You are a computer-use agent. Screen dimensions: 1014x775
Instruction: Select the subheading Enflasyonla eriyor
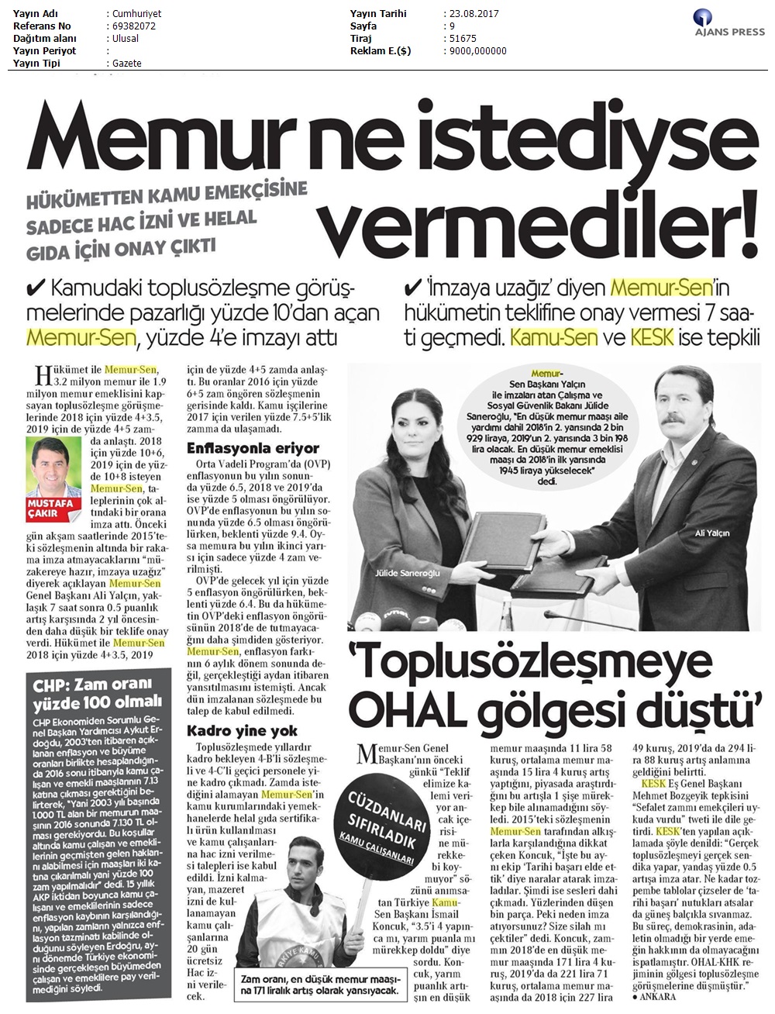(253, 448)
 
